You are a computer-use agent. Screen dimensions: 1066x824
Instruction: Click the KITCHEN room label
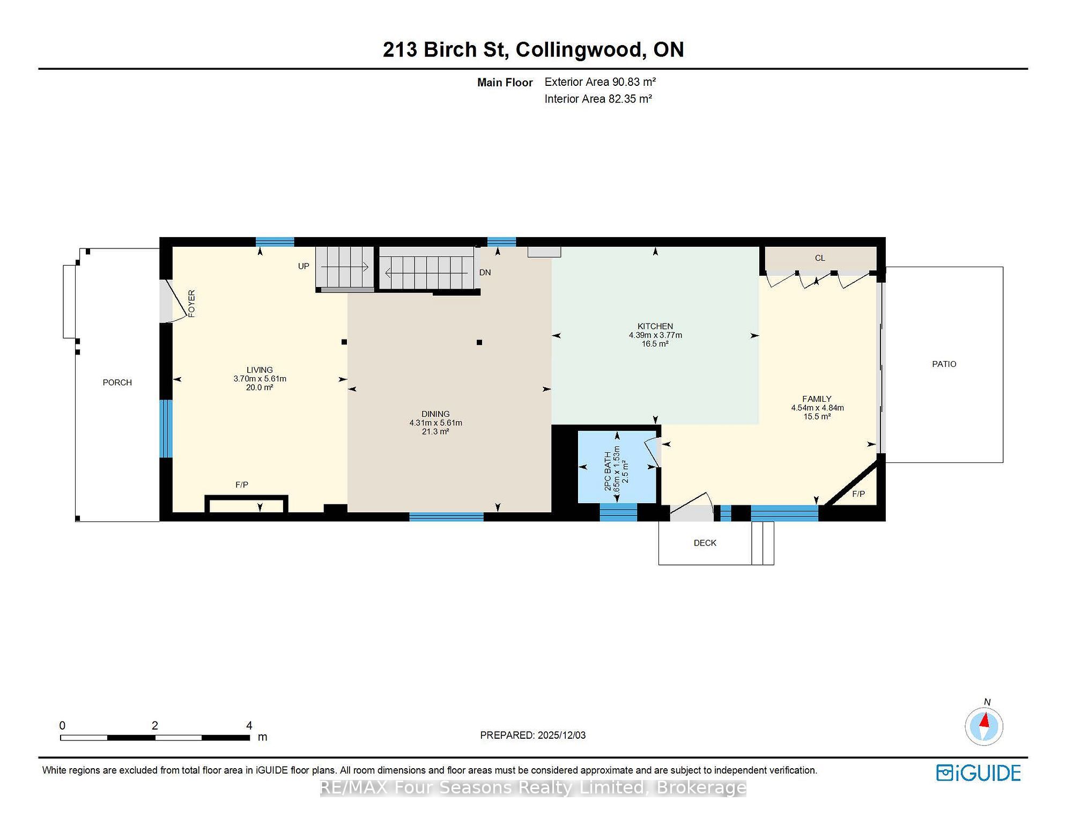tap(655, 326)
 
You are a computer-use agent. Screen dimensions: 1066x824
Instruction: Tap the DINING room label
tap(435, 414)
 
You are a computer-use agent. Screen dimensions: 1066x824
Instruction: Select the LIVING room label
tap(260, 370)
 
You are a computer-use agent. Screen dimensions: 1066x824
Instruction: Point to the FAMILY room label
tap(817, 399)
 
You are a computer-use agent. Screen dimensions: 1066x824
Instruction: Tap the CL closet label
tap(820, 258)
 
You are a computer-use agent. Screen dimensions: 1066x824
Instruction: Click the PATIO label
tap(944, 364)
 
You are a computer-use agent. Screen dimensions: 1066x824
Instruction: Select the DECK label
tap(705, 543)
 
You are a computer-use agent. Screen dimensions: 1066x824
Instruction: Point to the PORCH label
tap(117, 382)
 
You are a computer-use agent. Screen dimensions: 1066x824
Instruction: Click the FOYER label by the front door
tap(191, 304)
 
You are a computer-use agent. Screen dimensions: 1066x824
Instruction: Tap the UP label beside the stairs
tap(303, 266)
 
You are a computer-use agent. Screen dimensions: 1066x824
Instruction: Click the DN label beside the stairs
tap(485, 273)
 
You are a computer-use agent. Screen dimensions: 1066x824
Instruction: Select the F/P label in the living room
tap(242, 485)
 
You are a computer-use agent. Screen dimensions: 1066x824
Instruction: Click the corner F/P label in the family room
tap(858, 494)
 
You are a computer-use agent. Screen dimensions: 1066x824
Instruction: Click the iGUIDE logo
tap(979, 773)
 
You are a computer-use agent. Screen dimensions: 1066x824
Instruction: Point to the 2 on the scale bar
tap(155, 726)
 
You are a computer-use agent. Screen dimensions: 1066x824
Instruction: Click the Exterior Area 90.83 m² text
tap(600, 82)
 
